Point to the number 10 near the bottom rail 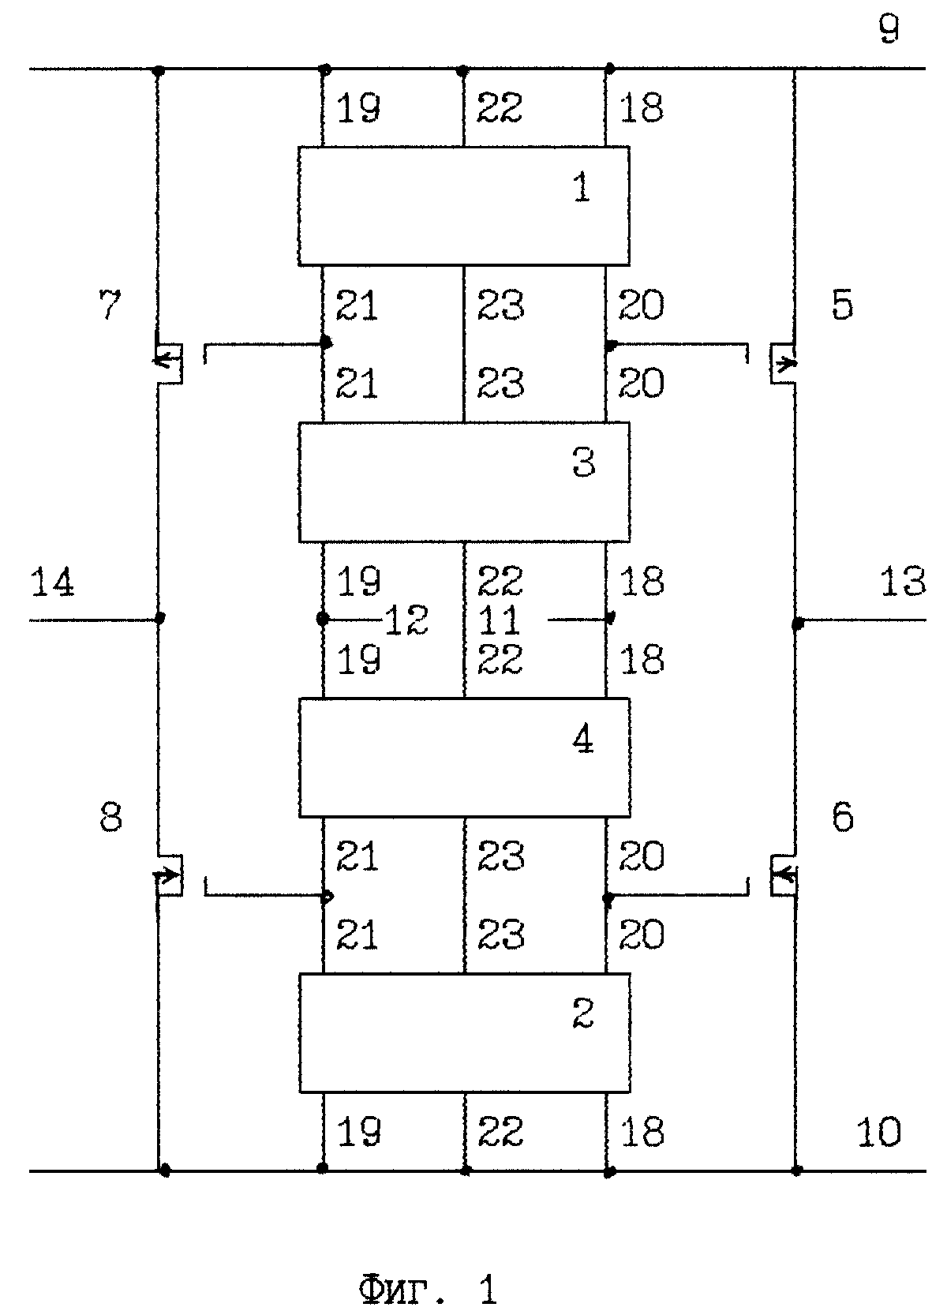pos(879,1132)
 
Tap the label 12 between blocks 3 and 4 pos(407,620)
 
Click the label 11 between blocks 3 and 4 pos(499,620)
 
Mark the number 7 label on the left pos(110,305)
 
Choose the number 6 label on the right pos(843,818)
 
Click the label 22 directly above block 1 pos(499,107)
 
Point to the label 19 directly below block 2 pos(358,1132)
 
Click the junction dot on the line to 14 pos(161,617)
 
